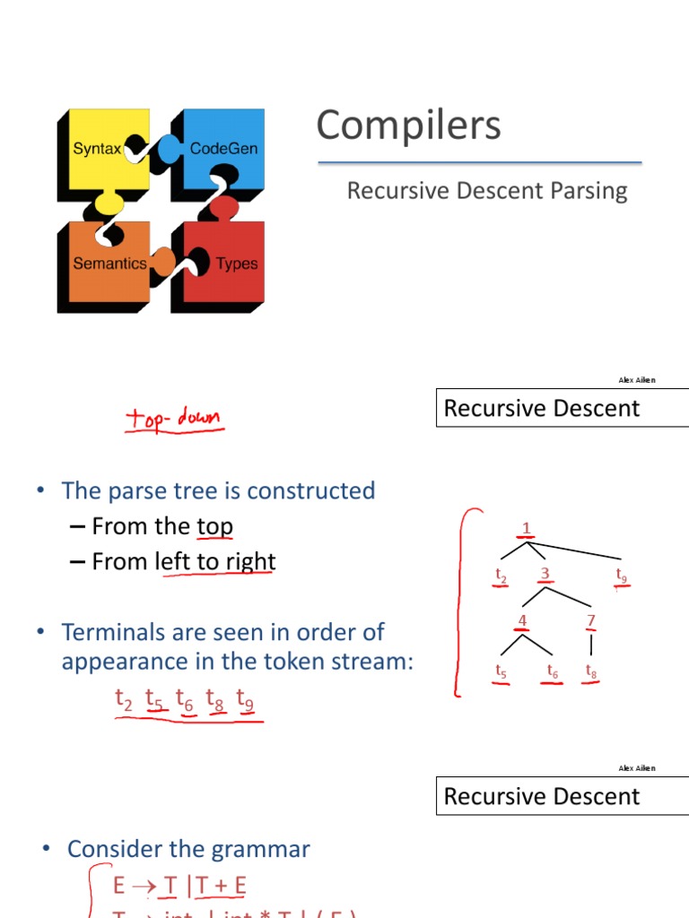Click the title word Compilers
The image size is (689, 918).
click(408, 126)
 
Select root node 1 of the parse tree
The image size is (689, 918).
click(527, 529)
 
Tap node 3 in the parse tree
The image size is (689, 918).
click(545, 574)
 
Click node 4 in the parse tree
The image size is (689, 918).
click(523, 620)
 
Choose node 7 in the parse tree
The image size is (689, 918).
click(590, 620)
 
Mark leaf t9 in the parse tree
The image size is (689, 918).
click(622, 574)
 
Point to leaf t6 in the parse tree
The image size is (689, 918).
click(554, 671)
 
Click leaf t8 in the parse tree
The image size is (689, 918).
click(591, 671)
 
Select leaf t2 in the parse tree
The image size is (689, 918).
click(501, 575)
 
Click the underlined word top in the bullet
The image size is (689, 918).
click(214, 526)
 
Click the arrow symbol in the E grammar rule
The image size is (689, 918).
click(143, 887)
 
